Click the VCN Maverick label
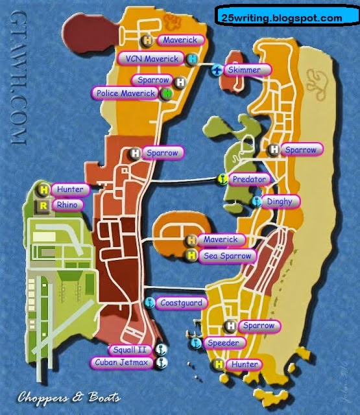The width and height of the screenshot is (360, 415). pos(151,59)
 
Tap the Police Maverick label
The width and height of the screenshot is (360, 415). pos(126,93)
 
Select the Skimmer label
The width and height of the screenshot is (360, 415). pos(245,69)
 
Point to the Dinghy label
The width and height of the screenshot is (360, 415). pos(282,202)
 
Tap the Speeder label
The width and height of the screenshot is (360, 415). pos(224,342)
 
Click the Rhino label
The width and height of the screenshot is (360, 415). pos(67,205)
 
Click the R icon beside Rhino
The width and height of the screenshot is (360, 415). pos(43,206)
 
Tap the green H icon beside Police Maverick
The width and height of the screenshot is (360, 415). pos(167,94)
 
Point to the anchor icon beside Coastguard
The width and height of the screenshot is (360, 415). pos(149,303)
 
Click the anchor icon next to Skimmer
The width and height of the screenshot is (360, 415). pos(217,70)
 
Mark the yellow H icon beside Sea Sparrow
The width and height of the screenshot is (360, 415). pos(192,255)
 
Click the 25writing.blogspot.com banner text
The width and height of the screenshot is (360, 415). pos(286,18)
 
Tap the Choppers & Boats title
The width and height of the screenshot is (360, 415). pos(69,397)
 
